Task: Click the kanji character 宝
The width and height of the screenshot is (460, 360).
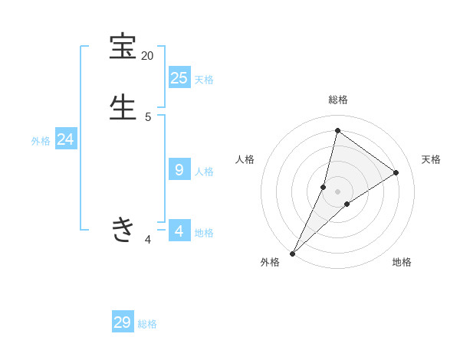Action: click(123, 47)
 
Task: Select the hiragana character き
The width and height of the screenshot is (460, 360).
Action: click(123, 229)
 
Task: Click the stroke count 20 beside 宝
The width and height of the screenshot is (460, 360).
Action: click(147, 56)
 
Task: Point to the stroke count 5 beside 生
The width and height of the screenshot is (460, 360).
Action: click(148, 116)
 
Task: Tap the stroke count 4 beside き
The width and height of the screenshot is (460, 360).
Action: click(148, 240)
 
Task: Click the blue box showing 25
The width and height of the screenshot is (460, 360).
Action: click(179, 77)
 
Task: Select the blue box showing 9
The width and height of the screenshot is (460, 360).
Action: click(179, 169)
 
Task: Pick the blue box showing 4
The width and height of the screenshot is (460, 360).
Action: click(179, 231)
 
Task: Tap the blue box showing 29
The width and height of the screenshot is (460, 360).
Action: click(123, 322)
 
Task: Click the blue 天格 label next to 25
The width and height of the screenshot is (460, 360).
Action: click(204, 80)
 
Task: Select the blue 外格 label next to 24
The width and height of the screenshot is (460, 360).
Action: click(41, 141)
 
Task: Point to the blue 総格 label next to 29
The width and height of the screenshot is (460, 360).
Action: click(147, 325)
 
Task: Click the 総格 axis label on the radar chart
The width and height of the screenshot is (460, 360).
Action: click(338, 100)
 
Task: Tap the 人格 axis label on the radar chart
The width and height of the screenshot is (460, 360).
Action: click(245, 159)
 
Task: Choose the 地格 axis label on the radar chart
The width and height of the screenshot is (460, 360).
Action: click(402, 263)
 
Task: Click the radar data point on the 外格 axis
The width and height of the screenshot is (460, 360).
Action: click(293, 253)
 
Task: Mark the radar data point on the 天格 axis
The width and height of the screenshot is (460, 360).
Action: click(396, 172)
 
